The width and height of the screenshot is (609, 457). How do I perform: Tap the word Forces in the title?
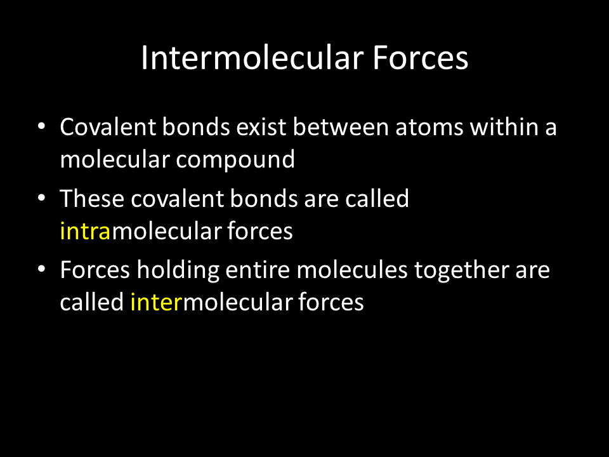[x=420, y=58]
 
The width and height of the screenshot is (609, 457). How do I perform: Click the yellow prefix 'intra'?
[x=86, y=230]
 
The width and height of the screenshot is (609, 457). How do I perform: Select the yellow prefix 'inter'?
[x=156, y=302]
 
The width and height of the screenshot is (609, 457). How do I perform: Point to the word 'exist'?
[x=261, y=127]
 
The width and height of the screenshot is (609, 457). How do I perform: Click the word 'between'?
[x=341, y=127]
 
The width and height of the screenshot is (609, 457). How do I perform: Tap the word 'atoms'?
[x=429, y=128]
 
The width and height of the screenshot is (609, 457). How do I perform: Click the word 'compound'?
[x=235, y=160]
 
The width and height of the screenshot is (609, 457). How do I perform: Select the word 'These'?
[x=92, y=198]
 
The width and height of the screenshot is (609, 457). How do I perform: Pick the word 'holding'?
[x=178, y=270]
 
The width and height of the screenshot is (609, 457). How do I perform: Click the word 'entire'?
[x=258, y=270]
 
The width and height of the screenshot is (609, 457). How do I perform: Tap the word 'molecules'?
[x=352, y=270]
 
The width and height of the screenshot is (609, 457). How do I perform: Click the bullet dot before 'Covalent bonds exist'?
[x=42, y=126]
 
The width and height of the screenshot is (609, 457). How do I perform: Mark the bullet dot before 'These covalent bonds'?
[x=42, y=197]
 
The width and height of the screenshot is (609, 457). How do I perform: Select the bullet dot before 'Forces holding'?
[x=42, y=269]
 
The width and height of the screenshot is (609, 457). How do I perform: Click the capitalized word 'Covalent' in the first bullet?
[x=108, y=127]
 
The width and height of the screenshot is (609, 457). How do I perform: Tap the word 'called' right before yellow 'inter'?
[x=92, y=302]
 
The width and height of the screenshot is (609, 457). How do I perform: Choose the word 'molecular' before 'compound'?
[x=115, y=159]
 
